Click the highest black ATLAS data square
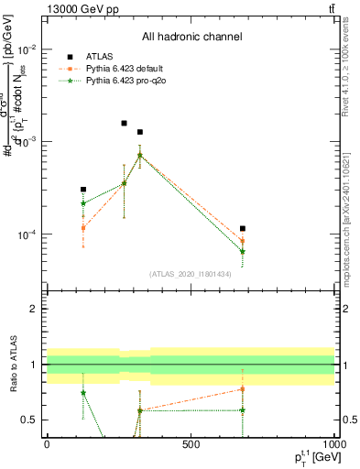coord(125,123)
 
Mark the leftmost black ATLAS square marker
coord(83,190)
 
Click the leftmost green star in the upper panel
coord(83,203)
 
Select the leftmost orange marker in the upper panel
coord(83,227)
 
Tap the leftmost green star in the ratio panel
coord(83,392)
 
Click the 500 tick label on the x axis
coord(191,445)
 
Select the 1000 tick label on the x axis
coord(333,445)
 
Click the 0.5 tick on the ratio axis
coord(27,420)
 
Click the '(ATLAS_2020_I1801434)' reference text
coord(191,274)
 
